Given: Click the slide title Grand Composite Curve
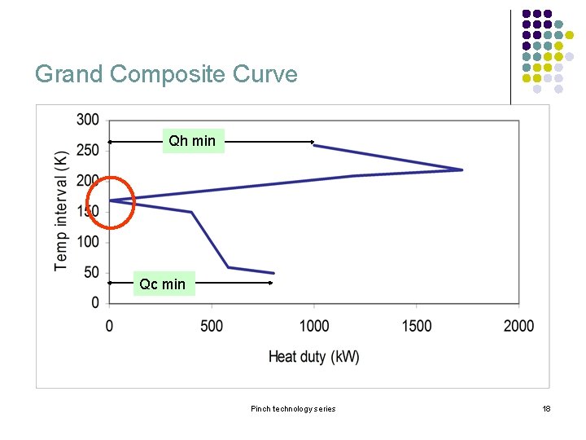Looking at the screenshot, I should (x=166, y=74).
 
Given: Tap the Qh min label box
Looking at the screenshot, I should (x=192, y=141).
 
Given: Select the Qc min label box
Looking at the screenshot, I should (x=163, y=284).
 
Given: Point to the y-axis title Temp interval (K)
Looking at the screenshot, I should (x=62, y=209).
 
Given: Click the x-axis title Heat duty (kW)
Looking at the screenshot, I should (x=314, y=356).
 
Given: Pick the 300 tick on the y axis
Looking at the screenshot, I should (x=88, y=120).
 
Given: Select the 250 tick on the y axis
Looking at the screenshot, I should (x=88, y=150).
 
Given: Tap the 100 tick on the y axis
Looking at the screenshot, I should (x=88, y=242).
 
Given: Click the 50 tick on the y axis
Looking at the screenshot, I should (x=91, y=272).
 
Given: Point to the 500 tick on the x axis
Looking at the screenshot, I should (x=212, y=326).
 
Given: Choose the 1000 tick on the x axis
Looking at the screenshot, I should (x=314, y=326).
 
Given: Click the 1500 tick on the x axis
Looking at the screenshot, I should (x=417, y=326).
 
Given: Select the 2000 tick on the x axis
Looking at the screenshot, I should (x=518, y=326).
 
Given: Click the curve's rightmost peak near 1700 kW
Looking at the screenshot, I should (x=461, y=169).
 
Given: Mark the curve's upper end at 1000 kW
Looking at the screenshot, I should (x=315, y=145).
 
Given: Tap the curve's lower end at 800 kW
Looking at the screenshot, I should (x=273, y=273).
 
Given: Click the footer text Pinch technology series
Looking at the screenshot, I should (x=293, y=408).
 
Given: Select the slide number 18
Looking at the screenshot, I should (x=546, y=408).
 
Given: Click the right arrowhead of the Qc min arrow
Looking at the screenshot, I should (x=270, y=283).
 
